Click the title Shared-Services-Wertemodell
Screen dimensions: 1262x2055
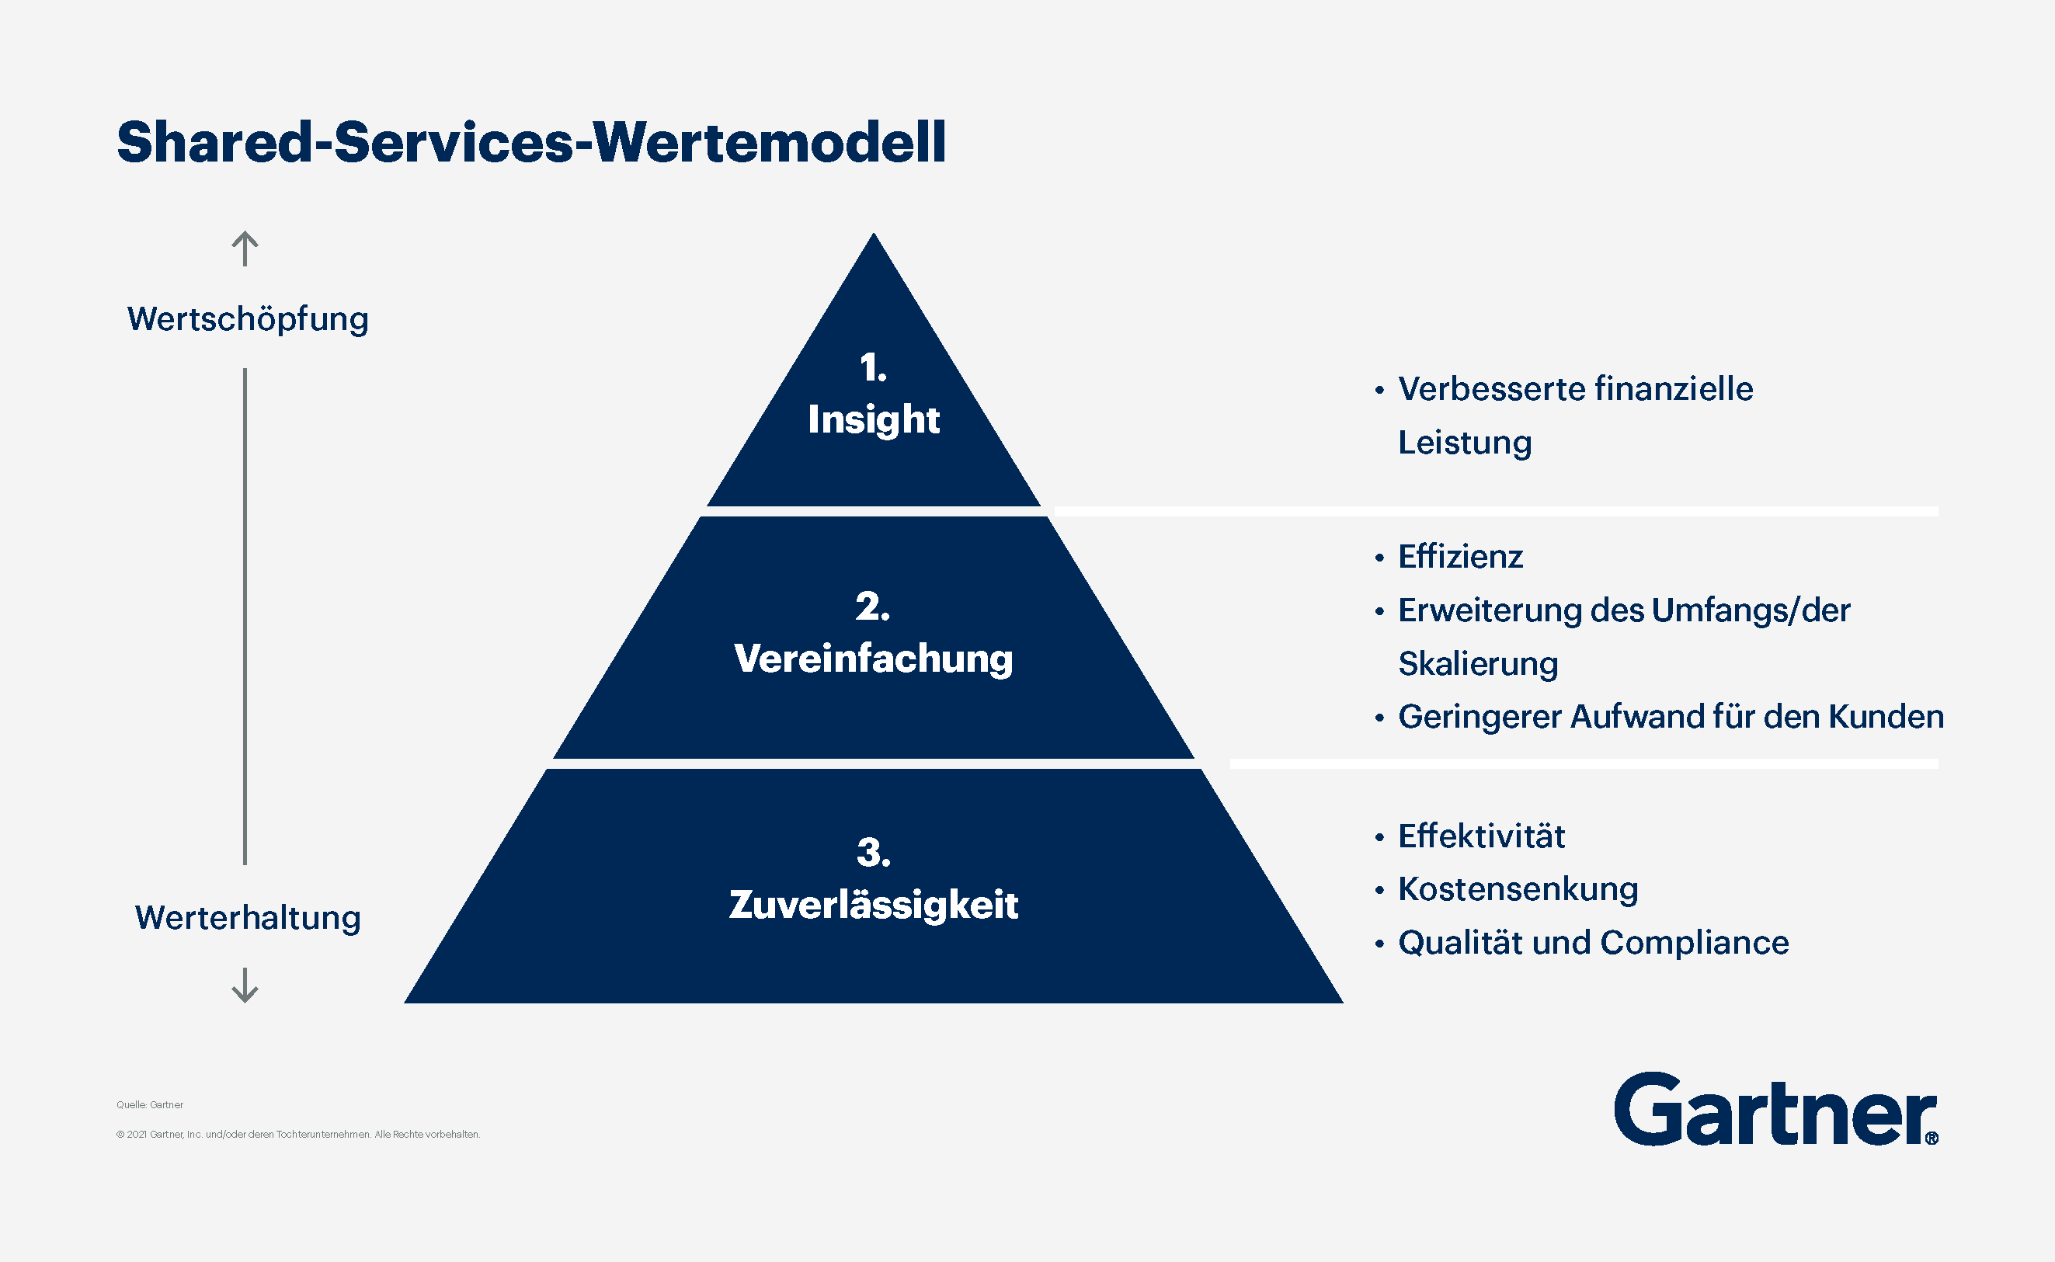click(x=531, y=142)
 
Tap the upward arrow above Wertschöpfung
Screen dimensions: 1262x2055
click(x=245, y=249)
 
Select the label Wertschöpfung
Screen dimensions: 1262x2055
click(x=247, y=320)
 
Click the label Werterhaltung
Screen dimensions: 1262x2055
click(x=248, y=917)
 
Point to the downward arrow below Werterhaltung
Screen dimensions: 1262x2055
click(x=245, y=985)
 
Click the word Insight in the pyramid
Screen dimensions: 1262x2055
click(x=873, y=419)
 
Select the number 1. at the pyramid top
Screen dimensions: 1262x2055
click(x=873, y=368)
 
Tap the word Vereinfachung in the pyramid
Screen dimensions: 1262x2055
click(x=873, y=659)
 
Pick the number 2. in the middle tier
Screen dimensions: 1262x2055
click(x=872, y=607)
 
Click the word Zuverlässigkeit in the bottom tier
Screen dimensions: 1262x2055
click(x=873, y=905)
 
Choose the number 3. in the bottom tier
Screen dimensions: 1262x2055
click(x=873, y=853)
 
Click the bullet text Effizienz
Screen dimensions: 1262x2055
click(x=1460, y=557)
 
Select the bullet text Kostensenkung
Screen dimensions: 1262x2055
click(x=1518, y=889)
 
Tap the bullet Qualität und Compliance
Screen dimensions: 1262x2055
click(x=1593, y=942)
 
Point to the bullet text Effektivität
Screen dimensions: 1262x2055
click(x=1481, y=836)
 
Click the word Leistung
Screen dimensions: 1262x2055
click(x=1464, y=443)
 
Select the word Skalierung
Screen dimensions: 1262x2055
click(x=1477, y=663)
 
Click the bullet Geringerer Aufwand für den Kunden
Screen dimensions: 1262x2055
click(x=1671, y=717)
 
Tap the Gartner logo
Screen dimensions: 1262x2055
click(x=1775, y=1111)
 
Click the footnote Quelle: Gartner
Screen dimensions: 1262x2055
click(x=149, y=1104)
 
